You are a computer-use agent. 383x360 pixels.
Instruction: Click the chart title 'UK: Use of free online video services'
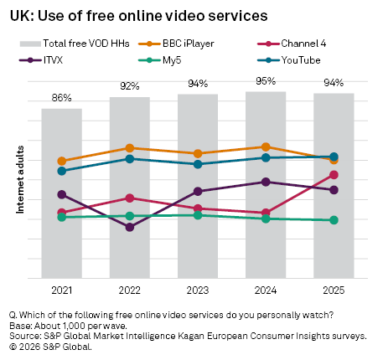138,15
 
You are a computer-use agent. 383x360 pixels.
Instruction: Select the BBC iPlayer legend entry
179,43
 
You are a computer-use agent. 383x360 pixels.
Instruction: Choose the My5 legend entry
162,60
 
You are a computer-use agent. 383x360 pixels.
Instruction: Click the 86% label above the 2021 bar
62,98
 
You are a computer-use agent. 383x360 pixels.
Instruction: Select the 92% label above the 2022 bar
130,86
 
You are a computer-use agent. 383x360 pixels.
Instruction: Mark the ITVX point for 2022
130,227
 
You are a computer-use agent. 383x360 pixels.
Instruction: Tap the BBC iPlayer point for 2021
62,161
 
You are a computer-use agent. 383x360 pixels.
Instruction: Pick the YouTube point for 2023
198,164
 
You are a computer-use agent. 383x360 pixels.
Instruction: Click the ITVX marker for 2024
266,182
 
